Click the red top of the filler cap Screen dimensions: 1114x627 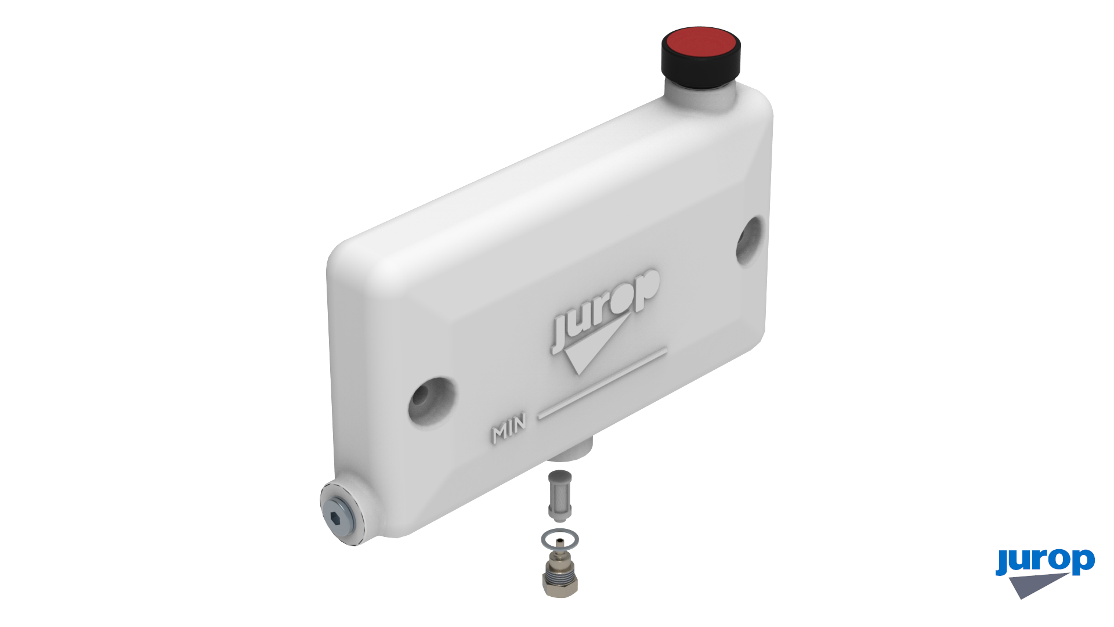click(701, 45)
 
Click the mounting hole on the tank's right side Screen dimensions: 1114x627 click(750, 240)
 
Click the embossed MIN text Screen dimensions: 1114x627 click(509, 428)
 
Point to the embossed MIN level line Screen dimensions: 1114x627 click(602, 383)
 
